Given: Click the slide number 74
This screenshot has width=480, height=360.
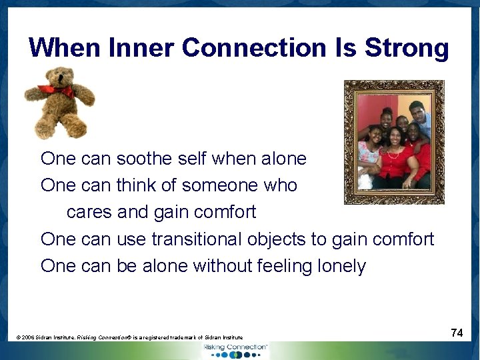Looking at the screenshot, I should pos(457,332).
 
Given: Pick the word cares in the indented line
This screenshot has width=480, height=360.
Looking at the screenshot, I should pos(89,212).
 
